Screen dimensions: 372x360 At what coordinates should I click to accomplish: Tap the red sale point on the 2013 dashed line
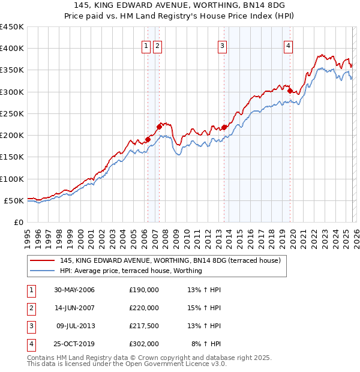pos(224,127)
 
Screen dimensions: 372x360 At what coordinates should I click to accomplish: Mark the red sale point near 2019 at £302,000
pos(290,91)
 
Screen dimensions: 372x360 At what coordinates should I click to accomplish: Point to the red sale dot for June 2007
pos(159,127)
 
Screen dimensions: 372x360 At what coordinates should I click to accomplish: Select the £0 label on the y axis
pos(17,222)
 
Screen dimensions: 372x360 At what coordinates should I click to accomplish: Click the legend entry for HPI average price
pos(131,271)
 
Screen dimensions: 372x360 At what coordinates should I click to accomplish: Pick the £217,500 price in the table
pos(144,326)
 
